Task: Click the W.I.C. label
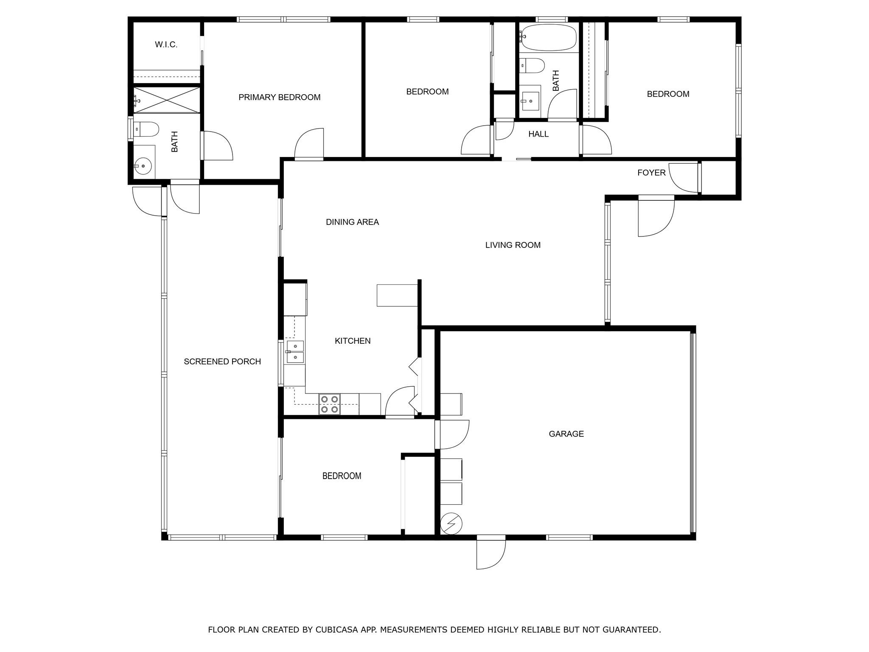tap(166, 45)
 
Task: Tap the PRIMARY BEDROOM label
tap(279, 97)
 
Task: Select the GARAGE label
tap(566, 434)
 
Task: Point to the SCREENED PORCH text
tap(222, 362)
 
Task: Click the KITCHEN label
tap(353, 341)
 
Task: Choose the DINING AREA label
tap(352, 222)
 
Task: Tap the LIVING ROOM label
tap(513, 245)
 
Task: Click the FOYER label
tap(651, 173)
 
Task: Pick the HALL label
tap(538, 134)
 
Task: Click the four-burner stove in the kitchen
tap(330, 404)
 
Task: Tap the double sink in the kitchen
tap(295, 352)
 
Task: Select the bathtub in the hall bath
tap(548, 37)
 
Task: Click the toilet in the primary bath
tap(146, 129)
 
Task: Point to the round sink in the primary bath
tap(143, 166)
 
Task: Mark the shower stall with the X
tap(166, 100)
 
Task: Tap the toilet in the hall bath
tap(532, 65)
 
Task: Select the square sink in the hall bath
tap(530, 101)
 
